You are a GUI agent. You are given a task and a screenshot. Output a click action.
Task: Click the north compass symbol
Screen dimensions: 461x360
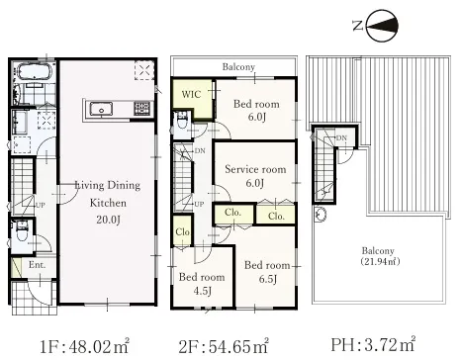382,26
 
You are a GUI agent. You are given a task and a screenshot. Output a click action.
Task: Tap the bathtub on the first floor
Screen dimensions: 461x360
34,71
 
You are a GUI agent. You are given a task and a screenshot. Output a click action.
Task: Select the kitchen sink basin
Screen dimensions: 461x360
101,109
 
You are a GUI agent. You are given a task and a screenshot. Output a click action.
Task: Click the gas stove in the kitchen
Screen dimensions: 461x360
142,109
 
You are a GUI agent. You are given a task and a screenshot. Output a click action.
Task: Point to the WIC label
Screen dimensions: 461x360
191,94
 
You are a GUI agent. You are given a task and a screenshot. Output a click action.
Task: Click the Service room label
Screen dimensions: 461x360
255,169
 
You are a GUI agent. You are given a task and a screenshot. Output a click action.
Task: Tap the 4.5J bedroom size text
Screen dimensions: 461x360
203,291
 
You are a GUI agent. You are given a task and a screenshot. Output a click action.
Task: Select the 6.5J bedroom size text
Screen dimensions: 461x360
267,279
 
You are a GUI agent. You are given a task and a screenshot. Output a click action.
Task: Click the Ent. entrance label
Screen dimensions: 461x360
38,265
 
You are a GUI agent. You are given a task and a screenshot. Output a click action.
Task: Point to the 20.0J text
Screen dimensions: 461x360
108,219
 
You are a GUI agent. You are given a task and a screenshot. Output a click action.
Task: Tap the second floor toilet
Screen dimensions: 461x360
182,121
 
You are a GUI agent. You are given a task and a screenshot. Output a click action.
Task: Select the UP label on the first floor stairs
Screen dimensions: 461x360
40,205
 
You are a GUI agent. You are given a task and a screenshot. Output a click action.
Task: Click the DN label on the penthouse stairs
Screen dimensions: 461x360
341,137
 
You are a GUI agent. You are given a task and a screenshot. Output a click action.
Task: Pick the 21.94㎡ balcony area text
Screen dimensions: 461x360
380,262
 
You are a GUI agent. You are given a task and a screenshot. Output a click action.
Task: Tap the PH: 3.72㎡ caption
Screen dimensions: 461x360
373,344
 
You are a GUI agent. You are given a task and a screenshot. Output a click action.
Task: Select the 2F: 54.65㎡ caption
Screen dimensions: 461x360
224,345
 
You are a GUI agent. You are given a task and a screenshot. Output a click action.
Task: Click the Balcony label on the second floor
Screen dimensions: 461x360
238,67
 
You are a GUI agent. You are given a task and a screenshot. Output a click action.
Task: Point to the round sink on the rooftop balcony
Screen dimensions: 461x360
320,214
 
